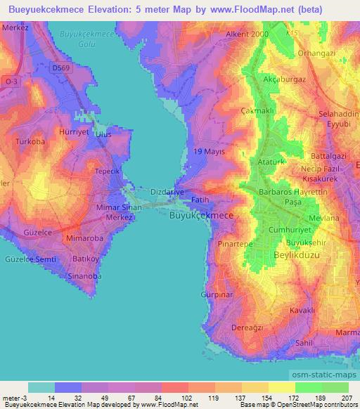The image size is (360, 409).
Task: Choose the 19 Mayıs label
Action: tap(209, 152)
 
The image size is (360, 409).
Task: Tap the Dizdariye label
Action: tap(167, 191)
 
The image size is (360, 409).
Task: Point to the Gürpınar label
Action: tap(216, 294)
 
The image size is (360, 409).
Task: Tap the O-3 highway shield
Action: tap(11, 82)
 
